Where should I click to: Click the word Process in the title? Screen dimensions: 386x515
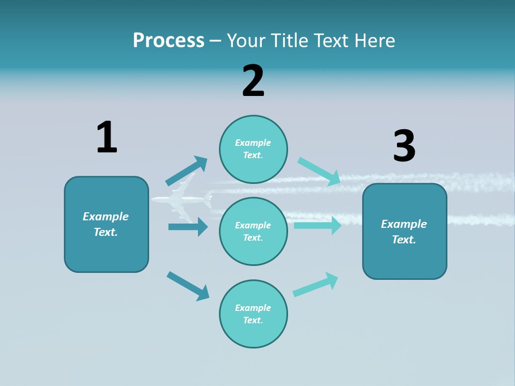[x=168, y=40]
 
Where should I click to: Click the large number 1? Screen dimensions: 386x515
[x=107, y=137]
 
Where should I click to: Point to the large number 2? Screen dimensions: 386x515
[x=253, y=81]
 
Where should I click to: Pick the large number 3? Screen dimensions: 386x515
[x=404, y=146]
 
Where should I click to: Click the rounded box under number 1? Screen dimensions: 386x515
[x=106, y=224]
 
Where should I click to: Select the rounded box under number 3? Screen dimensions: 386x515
[x=404, y=232]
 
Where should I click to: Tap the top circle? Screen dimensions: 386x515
[x=253, y=149]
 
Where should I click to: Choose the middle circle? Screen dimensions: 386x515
[x=253, y=231]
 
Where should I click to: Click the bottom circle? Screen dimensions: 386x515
[x=253, y=314]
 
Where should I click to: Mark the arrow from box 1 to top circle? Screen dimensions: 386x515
[x=187, y=171]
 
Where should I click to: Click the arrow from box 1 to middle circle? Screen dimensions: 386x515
[x=188, y=227]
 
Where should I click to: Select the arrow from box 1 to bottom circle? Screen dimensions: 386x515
[x=188, y=286]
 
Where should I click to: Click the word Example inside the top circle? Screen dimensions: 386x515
[x=253, y=143]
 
